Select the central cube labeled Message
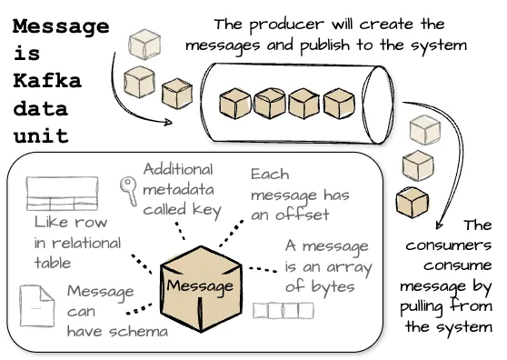coord(198,285)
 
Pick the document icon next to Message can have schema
coord(35,306)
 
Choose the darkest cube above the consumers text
coord(414,201)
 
